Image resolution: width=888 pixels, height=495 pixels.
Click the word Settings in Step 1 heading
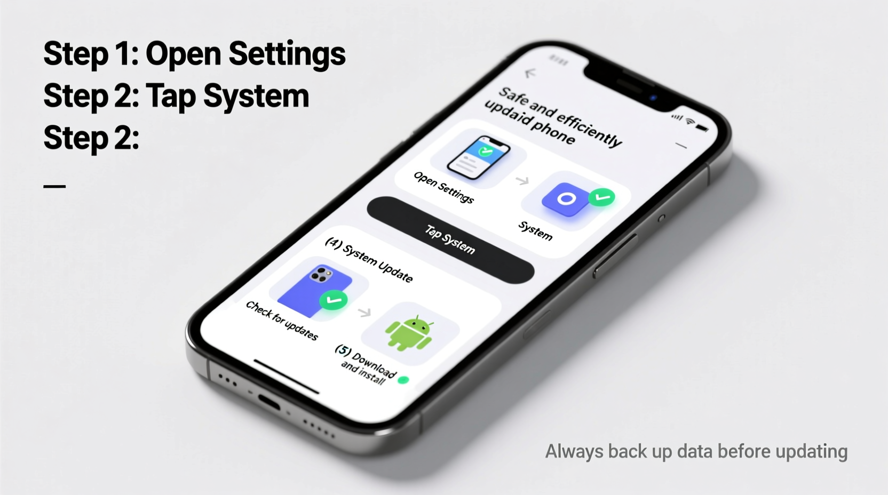click(287, 54)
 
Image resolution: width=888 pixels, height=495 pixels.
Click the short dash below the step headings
click(54, 186)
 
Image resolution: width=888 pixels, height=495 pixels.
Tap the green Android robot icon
click(409, 333)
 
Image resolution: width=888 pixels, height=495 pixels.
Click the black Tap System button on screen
click(450, 239)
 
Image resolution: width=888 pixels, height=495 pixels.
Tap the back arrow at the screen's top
click(530, 73)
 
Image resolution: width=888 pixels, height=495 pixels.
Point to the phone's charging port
click(269, 402)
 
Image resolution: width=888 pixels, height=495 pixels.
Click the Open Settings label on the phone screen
click(443, 187)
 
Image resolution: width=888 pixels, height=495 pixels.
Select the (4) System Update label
click(369, 260)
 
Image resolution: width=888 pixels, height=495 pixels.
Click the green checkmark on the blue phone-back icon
click(334, 300)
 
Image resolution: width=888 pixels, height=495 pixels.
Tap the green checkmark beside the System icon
click(602, 197)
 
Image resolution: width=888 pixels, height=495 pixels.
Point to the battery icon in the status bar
click(702, 128)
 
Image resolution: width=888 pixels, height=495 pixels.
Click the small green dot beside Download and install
click(403, 380)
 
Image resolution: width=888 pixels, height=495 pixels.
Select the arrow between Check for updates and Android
click(364, 312)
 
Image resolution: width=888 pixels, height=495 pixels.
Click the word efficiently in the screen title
click(589, 126)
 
